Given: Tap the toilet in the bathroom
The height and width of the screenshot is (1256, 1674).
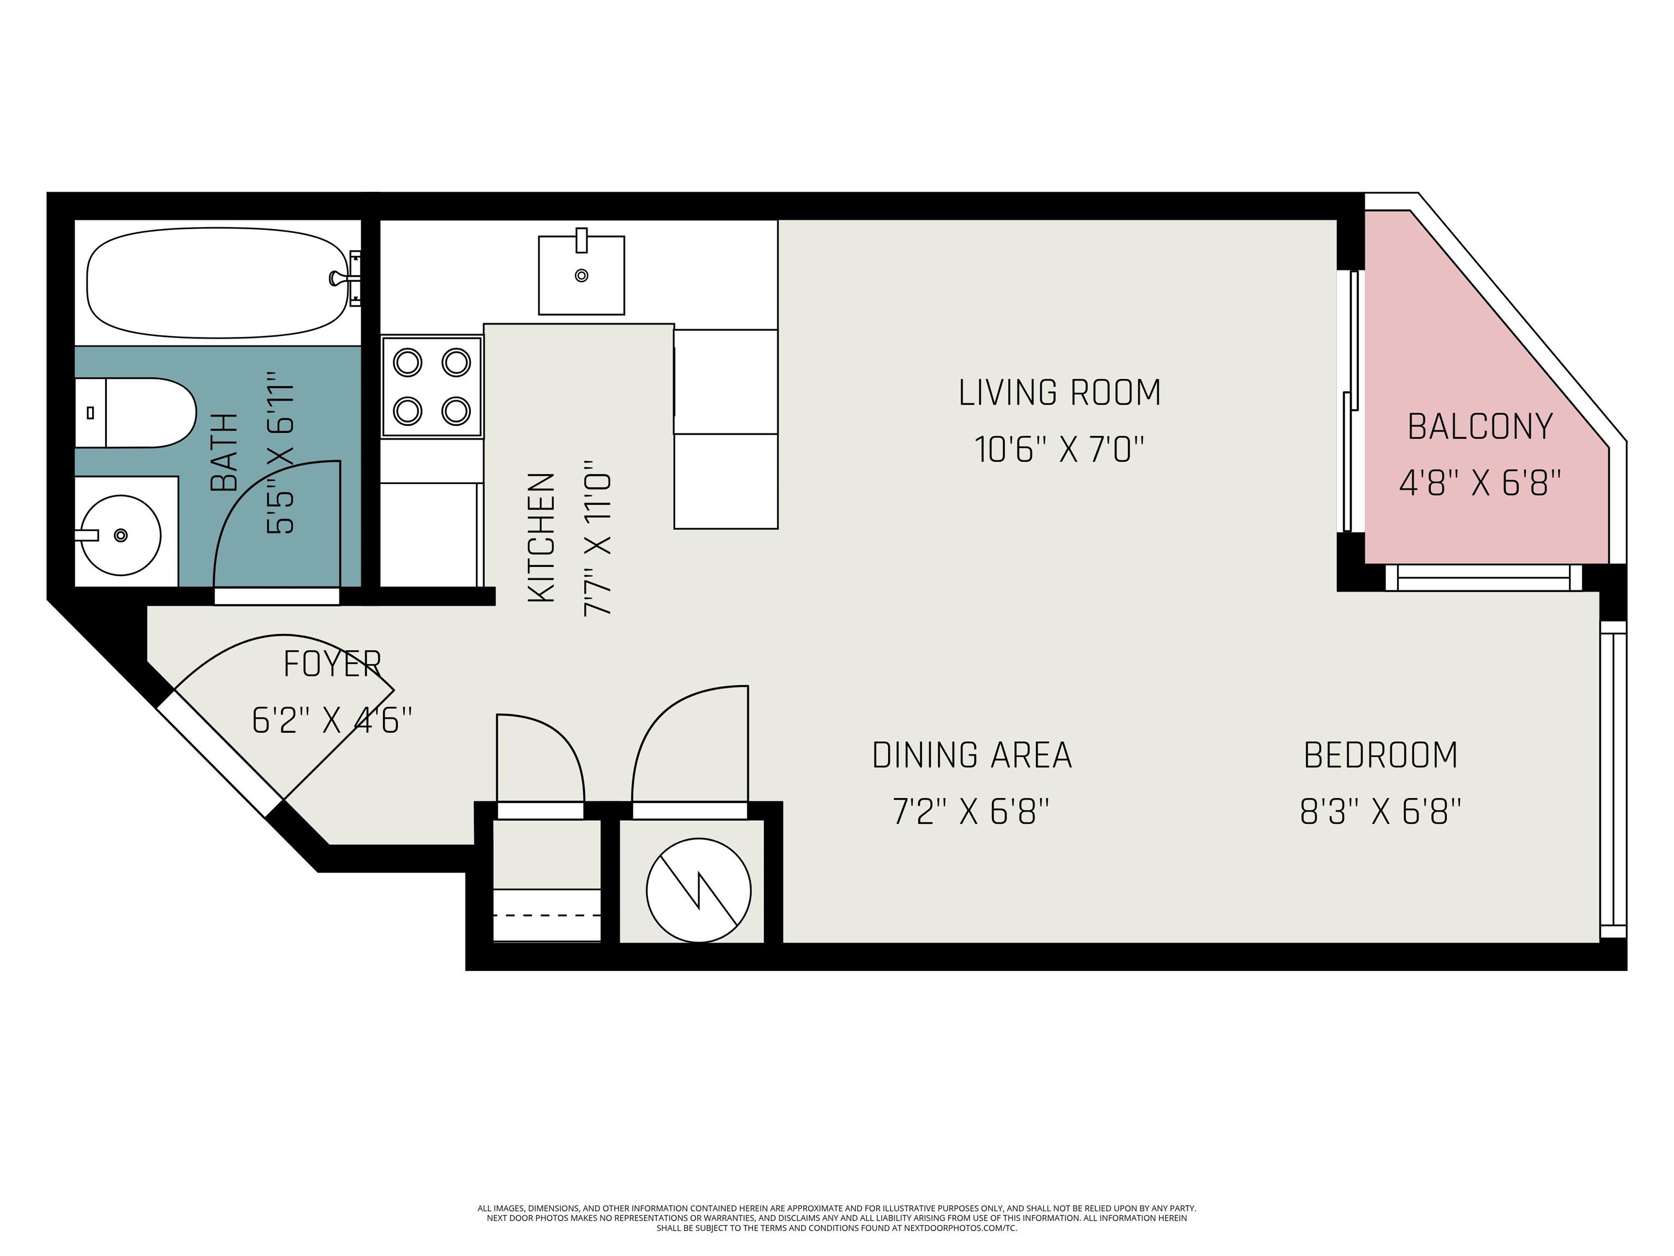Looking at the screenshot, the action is coord(136,413).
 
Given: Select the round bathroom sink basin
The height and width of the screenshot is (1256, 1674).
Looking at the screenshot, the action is coord(120,535).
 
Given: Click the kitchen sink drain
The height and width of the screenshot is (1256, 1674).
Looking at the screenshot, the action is coord(581,276).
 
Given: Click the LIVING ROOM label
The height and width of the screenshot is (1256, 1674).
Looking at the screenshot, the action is coord(1059,392).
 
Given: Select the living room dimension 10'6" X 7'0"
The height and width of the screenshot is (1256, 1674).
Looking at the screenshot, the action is coord(1059,449).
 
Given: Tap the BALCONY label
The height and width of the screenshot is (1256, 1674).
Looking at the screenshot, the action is coord(1480,426).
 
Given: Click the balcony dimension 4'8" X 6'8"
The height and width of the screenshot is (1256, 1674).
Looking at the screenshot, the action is coord(1480,482).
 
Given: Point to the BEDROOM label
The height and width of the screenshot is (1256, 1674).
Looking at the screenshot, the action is coord(1380,755).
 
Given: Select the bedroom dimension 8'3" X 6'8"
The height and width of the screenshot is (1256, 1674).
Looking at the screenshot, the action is coord(1380,812).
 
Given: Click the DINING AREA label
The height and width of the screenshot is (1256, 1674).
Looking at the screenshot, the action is coord(972,755).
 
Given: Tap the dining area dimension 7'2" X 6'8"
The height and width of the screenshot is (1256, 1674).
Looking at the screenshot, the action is coord(972,812).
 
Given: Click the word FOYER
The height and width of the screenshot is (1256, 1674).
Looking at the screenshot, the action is coord(332,664).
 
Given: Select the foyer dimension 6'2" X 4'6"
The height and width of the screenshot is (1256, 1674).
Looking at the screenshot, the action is coord(332,720).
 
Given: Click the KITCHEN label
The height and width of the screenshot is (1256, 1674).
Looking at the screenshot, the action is coord(542,538).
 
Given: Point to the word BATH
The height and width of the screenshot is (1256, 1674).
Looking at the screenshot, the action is coord(224,452).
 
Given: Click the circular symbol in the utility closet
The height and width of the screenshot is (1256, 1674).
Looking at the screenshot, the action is coord(699,890).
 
